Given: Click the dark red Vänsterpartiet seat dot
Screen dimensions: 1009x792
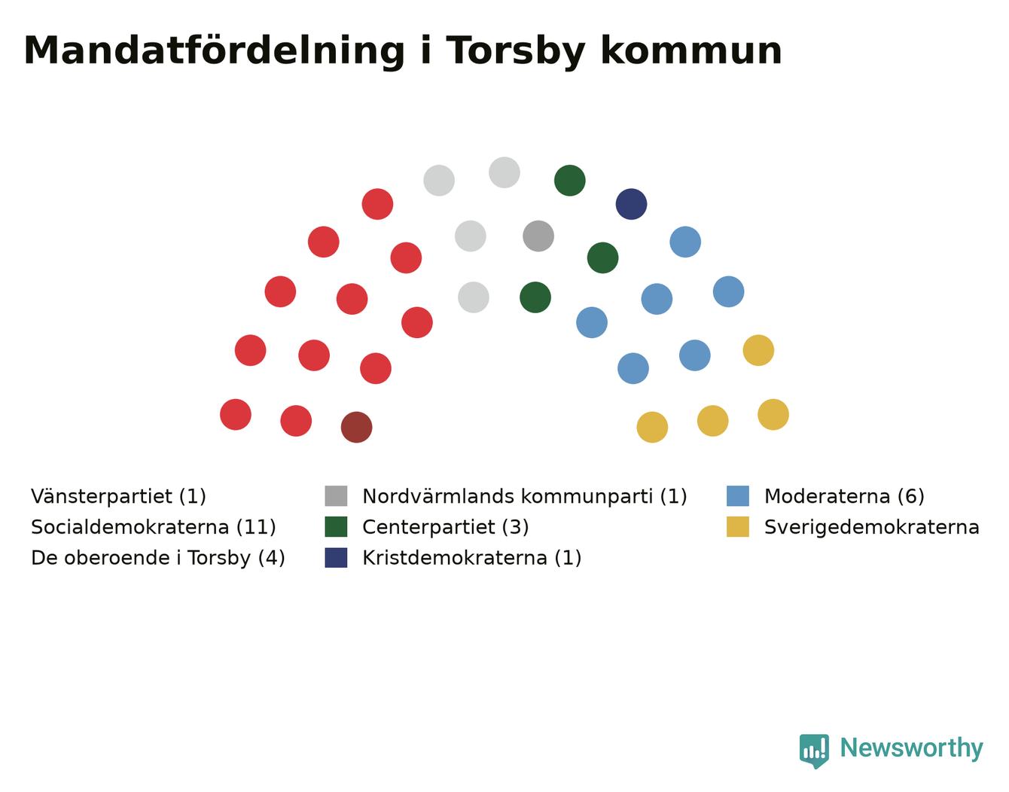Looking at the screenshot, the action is click(356, 427).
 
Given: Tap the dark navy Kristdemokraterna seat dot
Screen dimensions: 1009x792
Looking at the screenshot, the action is click(631, 204).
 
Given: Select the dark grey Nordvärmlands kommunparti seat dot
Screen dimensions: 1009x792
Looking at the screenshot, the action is click(538, 236).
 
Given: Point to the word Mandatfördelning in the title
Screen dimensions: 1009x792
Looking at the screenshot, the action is click(214, 50).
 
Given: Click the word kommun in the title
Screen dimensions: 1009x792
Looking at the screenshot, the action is click(691, 50).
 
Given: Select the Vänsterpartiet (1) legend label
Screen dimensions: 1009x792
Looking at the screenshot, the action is click(118, 496).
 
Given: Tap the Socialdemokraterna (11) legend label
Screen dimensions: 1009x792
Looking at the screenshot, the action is click(153, 527).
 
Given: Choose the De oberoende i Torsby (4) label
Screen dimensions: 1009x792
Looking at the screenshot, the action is click(158, 558).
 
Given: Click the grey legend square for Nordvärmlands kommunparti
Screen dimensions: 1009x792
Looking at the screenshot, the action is click(336, 496).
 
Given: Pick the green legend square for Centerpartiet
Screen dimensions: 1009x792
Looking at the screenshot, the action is click(336, 526).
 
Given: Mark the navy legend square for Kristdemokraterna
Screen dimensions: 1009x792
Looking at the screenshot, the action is click(336, 557).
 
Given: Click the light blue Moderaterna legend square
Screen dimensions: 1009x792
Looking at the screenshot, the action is click(737, 496).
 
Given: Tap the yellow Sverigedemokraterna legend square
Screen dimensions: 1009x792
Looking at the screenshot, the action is click(737, 526).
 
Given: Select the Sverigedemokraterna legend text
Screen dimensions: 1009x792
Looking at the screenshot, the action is click(871, 527).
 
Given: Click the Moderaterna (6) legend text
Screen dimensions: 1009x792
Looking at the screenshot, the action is click(844, 496).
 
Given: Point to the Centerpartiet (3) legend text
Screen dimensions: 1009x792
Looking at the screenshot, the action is click(445, 527).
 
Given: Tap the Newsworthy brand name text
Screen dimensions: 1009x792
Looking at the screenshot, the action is click(912, 748).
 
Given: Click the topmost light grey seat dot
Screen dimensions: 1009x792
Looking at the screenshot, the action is click(504, 172).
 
